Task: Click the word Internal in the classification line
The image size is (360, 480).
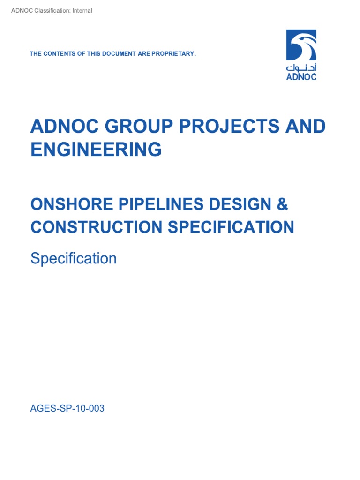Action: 82,11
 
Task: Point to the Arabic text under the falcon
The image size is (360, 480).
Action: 301,67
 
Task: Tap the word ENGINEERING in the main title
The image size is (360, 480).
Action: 96,150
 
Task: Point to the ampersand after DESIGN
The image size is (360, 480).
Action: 283,204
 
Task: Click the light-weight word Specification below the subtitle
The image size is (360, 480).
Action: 74,258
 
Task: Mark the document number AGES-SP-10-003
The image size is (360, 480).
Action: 67,409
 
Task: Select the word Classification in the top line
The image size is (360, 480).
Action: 51,11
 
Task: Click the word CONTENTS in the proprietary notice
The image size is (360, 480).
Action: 60,54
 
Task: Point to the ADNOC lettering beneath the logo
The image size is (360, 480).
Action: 301,77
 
